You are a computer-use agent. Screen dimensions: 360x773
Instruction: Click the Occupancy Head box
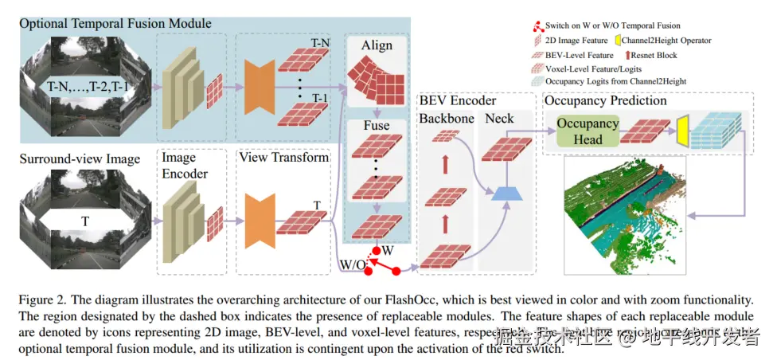point(588,131)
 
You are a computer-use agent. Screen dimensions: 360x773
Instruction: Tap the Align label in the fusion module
point(377,45)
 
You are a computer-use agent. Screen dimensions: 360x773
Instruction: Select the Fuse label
point(377,125)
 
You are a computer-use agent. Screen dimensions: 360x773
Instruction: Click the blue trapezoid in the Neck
point(502,192)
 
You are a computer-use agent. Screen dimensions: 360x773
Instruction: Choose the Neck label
point(499,119)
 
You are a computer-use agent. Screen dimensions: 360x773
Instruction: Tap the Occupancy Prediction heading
point(605,102)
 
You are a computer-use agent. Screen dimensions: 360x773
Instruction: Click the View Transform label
point(283,157)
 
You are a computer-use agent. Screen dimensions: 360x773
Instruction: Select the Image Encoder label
point(185,166)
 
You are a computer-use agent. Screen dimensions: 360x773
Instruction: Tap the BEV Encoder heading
point(457,101)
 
